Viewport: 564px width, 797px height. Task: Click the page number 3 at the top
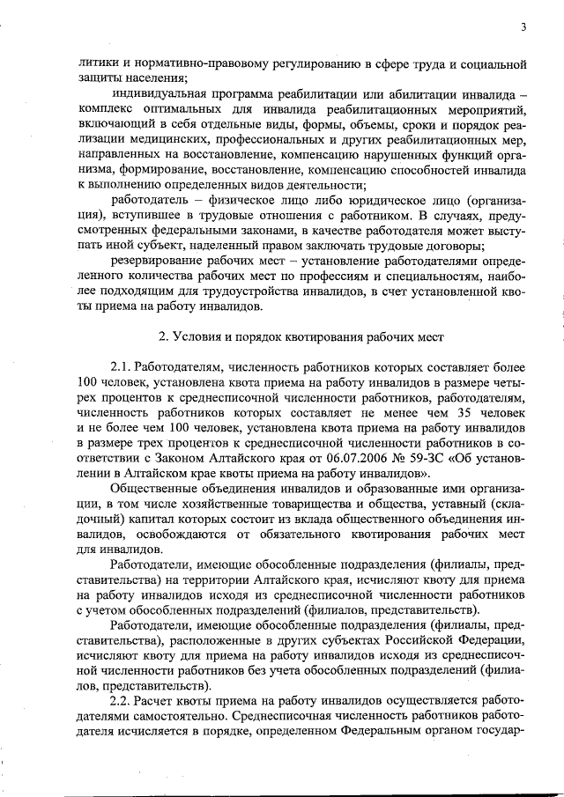[x=523, y=27]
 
